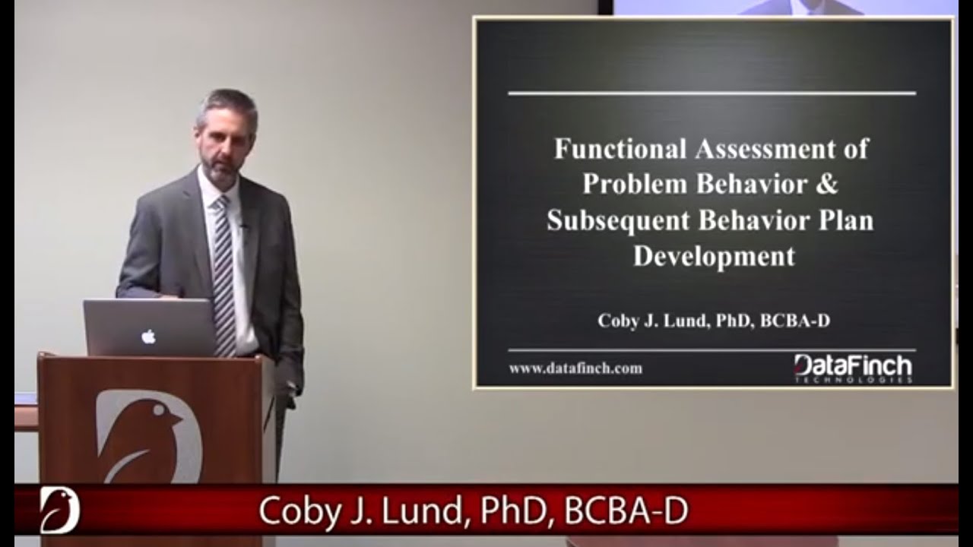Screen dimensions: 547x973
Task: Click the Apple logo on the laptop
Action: (x=148, y=336)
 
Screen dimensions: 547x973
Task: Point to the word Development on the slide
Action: (x=714, y=257)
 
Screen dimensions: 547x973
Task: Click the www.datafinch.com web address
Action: (x=575, y=368)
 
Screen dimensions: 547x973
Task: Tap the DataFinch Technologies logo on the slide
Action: (x=853, y=368)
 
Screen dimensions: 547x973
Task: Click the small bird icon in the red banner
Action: (x=59, y=510)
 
